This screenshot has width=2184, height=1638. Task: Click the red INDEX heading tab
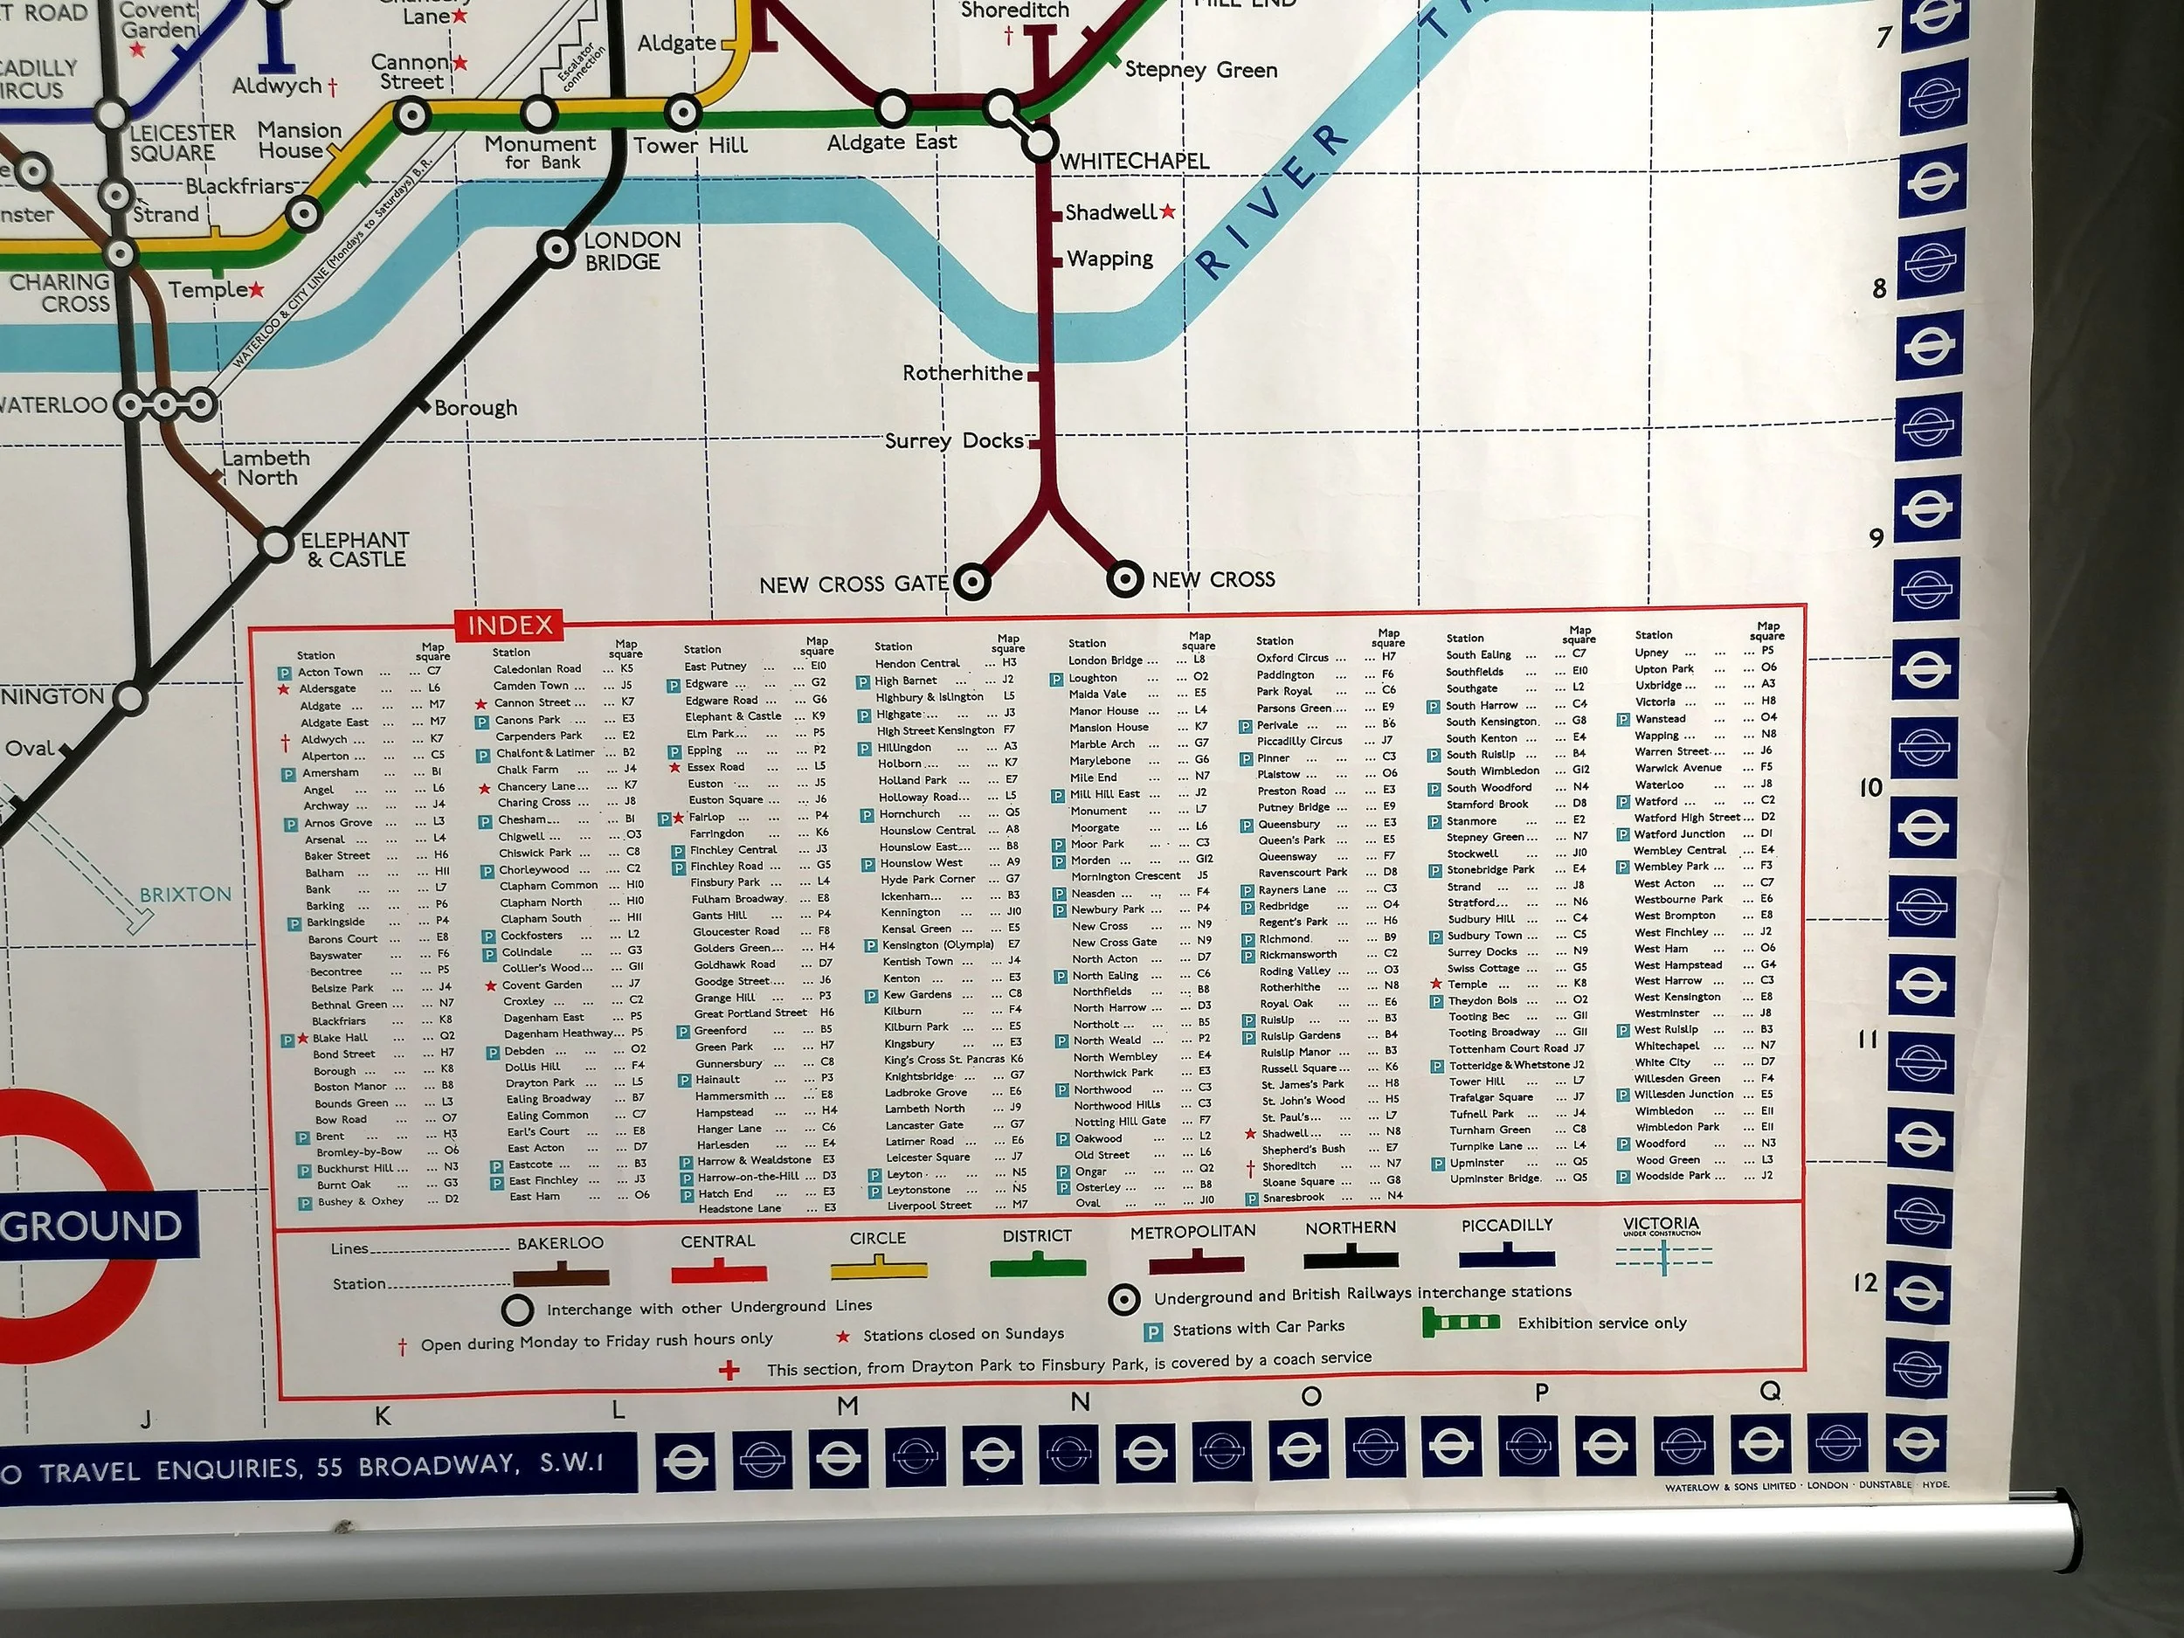(509, 625)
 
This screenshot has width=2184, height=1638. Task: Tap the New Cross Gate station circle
(972, 582)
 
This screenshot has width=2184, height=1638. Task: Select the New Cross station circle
(1123, 578)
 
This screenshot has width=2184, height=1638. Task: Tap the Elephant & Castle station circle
(276, 544)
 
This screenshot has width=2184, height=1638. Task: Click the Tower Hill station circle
(682, 113)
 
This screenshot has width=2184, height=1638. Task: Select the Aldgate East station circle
(892, 107)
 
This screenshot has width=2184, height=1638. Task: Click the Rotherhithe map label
(964, 373)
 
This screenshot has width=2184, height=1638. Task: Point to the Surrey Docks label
(954, 440)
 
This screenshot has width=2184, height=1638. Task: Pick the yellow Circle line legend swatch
(879, 1268)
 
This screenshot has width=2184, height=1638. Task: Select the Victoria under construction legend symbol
(1663, 1254)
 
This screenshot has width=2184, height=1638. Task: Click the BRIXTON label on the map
(185, 895)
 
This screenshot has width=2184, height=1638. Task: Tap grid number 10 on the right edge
(1870, 788)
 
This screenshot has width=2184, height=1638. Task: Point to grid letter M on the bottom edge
(847, 1406)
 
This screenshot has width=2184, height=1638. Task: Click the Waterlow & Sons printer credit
(1807, 1486)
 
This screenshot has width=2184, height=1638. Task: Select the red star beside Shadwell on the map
(1169, 211)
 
